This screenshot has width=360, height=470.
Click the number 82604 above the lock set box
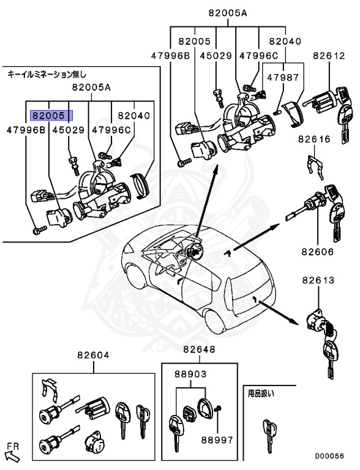click(93, 355)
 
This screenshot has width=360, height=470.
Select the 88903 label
click(190, 374)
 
